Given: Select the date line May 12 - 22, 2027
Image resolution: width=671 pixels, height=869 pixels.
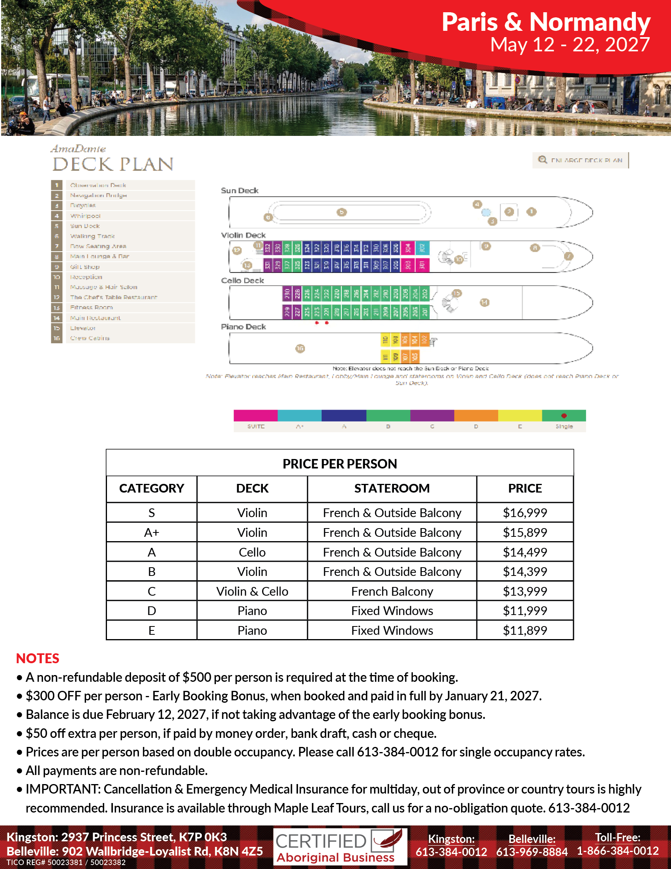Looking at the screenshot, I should click(x=570, y=45).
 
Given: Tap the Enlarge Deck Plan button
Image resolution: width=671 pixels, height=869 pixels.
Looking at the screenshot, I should click(x=580, y=160).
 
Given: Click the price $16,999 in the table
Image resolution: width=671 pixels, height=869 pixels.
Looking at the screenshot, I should click(x=525, y=512).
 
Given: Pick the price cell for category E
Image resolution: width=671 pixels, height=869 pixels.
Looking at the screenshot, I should click(x=525, y=630).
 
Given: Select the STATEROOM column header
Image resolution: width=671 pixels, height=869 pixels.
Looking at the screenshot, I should click(x=392, y=488).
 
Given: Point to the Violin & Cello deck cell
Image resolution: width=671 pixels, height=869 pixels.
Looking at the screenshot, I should click(x=252, y=591).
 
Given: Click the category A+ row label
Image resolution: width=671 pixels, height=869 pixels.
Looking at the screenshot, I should click(x=152, y=532).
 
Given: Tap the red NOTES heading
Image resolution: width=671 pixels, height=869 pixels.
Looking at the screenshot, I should click(x=38, y=658).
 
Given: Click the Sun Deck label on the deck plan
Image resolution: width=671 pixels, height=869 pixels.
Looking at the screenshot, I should click(x=240, y=191).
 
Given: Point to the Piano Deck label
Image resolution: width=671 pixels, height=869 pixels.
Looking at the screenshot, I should click(x=243, y=327).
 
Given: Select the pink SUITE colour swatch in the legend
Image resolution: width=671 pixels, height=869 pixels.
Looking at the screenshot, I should click(x=256, y=416).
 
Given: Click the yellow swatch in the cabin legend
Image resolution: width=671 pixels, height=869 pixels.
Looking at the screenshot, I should click(x=519, y=416).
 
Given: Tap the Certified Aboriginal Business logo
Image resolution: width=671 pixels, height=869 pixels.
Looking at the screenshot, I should click(x=340, y=847).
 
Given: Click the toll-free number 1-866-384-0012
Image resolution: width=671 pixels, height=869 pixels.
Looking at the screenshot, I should click(x=618, y=851).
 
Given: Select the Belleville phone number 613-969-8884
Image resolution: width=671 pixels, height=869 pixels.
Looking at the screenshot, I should click(x=532, y=852).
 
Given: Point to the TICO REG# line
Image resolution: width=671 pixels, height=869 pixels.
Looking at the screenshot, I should click(x=66, y=862).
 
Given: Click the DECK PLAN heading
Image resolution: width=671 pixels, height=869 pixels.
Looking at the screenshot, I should click(x=113, y=164).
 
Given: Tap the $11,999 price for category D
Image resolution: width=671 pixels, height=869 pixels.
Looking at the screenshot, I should click(x=525, y=611).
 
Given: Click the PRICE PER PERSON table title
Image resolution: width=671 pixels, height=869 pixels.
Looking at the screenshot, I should click(x=339, y=464).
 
